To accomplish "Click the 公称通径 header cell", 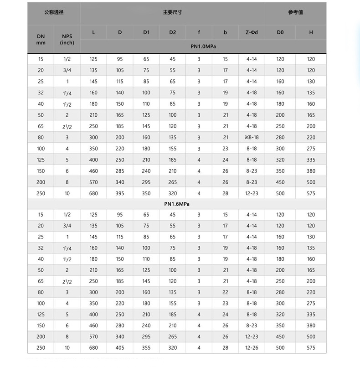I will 54,12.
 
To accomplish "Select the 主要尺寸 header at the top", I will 172,12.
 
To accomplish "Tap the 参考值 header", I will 295,12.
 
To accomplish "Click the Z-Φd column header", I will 252,32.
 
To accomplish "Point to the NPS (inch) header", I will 67,39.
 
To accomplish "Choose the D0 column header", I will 280,32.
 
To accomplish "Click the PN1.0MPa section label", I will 203,47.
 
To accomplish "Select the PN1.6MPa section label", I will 177,204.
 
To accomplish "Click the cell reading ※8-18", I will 252,137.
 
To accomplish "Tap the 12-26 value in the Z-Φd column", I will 252,348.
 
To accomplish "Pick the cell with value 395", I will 120,193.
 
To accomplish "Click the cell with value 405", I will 120,348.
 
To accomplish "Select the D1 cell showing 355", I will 146,348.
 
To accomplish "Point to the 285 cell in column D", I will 120,171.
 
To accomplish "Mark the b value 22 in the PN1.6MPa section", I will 225,292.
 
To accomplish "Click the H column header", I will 311,32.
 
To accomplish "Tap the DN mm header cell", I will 41,39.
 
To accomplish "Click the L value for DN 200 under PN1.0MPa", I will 93,182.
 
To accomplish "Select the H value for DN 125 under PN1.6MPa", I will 311,315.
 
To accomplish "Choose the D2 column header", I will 172,32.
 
